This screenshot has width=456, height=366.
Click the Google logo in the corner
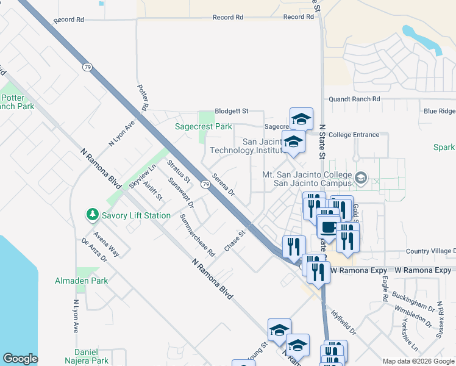20,359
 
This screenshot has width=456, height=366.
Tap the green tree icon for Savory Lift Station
93,215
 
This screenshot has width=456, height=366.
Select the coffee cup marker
329,228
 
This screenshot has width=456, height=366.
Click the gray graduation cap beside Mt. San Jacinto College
361,178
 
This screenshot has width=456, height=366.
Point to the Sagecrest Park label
203,127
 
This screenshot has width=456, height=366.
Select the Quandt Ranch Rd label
354,99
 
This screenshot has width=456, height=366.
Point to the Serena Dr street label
224,182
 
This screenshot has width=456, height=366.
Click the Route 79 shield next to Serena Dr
206,184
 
